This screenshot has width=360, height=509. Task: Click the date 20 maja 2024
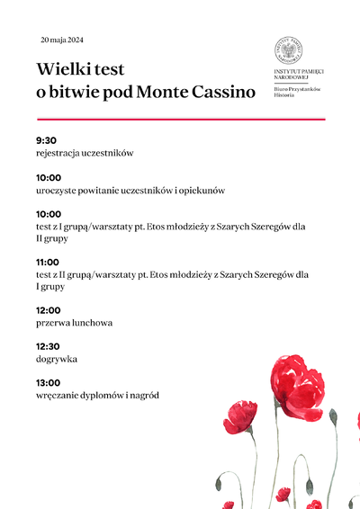[x=62, y=40]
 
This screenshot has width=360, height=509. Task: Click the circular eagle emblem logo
[x=288, y=50]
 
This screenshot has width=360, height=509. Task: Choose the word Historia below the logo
[x=284, y=94]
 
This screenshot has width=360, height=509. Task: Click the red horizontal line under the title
[x=180, y=119]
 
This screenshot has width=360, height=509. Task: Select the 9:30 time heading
[x=46, y=140]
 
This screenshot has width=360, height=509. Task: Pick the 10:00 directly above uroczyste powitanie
[x=49, y=177]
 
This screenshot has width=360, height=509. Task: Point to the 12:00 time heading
[x=49, y=309]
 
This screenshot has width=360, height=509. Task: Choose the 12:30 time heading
[x=49, y=346]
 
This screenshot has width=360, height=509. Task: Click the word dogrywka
[x=57, y=359]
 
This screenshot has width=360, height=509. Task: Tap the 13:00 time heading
[x=49, y=382]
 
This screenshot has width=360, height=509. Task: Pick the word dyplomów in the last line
[x=103, y=395]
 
